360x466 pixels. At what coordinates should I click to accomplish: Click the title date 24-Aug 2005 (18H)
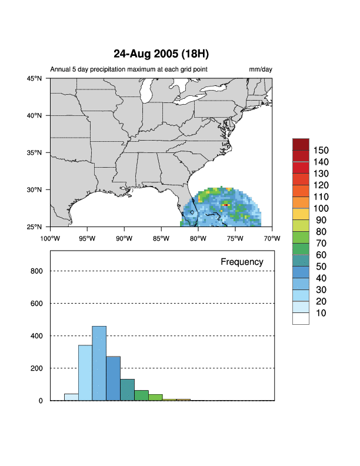coord(161,54)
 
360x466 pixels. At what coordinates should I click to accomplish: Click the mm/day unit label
coord(261,69)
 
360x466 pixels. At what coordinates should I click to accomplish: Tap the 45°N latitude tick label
coord(34,78)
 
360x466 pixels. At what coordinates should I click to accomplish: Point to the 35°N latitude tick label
coord(34,152)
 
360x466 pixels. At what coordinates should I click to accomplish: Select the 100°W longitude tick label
coord(50,238)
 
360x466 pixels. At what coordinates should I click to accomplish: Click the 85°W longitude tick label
coord(161,238)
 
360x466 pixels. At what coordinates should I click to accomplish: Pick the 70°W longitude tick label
coord(272,238)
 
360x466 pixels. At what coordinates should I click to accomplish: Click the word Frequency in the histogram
coord(242,262)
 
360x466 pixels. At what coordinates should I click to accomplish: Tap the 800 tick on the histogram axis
coord(36,271)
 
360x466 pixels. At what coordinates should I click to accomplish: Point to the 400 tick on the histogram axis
coord(36,336)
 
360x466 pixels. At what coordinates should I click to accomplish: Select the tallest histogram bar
coord(99,363)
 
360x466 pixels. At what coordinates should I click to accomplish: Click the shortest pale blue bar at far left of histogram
coord(71,397)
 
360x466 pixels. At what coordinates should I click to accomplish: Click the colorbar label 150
coord(321,150)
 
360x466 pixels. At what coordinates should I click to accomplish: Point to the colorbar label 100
coord(321,208)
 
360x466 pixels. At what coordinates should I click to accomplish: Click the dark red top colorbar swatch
coord(301,144)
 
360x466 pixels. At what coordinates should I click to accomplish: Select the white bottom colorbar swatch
coord(301,318)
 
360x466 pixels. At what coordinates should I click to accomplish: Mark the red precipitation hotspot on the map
coord(225,205)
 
